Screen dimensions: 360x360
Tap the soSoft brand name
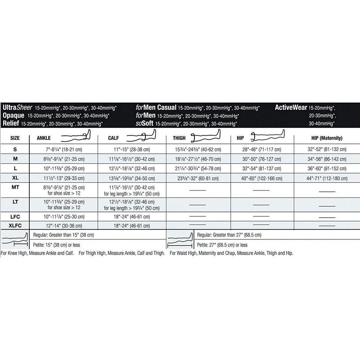click(x=145, y=123)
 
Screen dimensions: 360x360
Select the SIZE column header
click(x=15, y=138)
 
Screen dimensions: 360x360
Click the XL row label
click(x=15, y=178)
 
